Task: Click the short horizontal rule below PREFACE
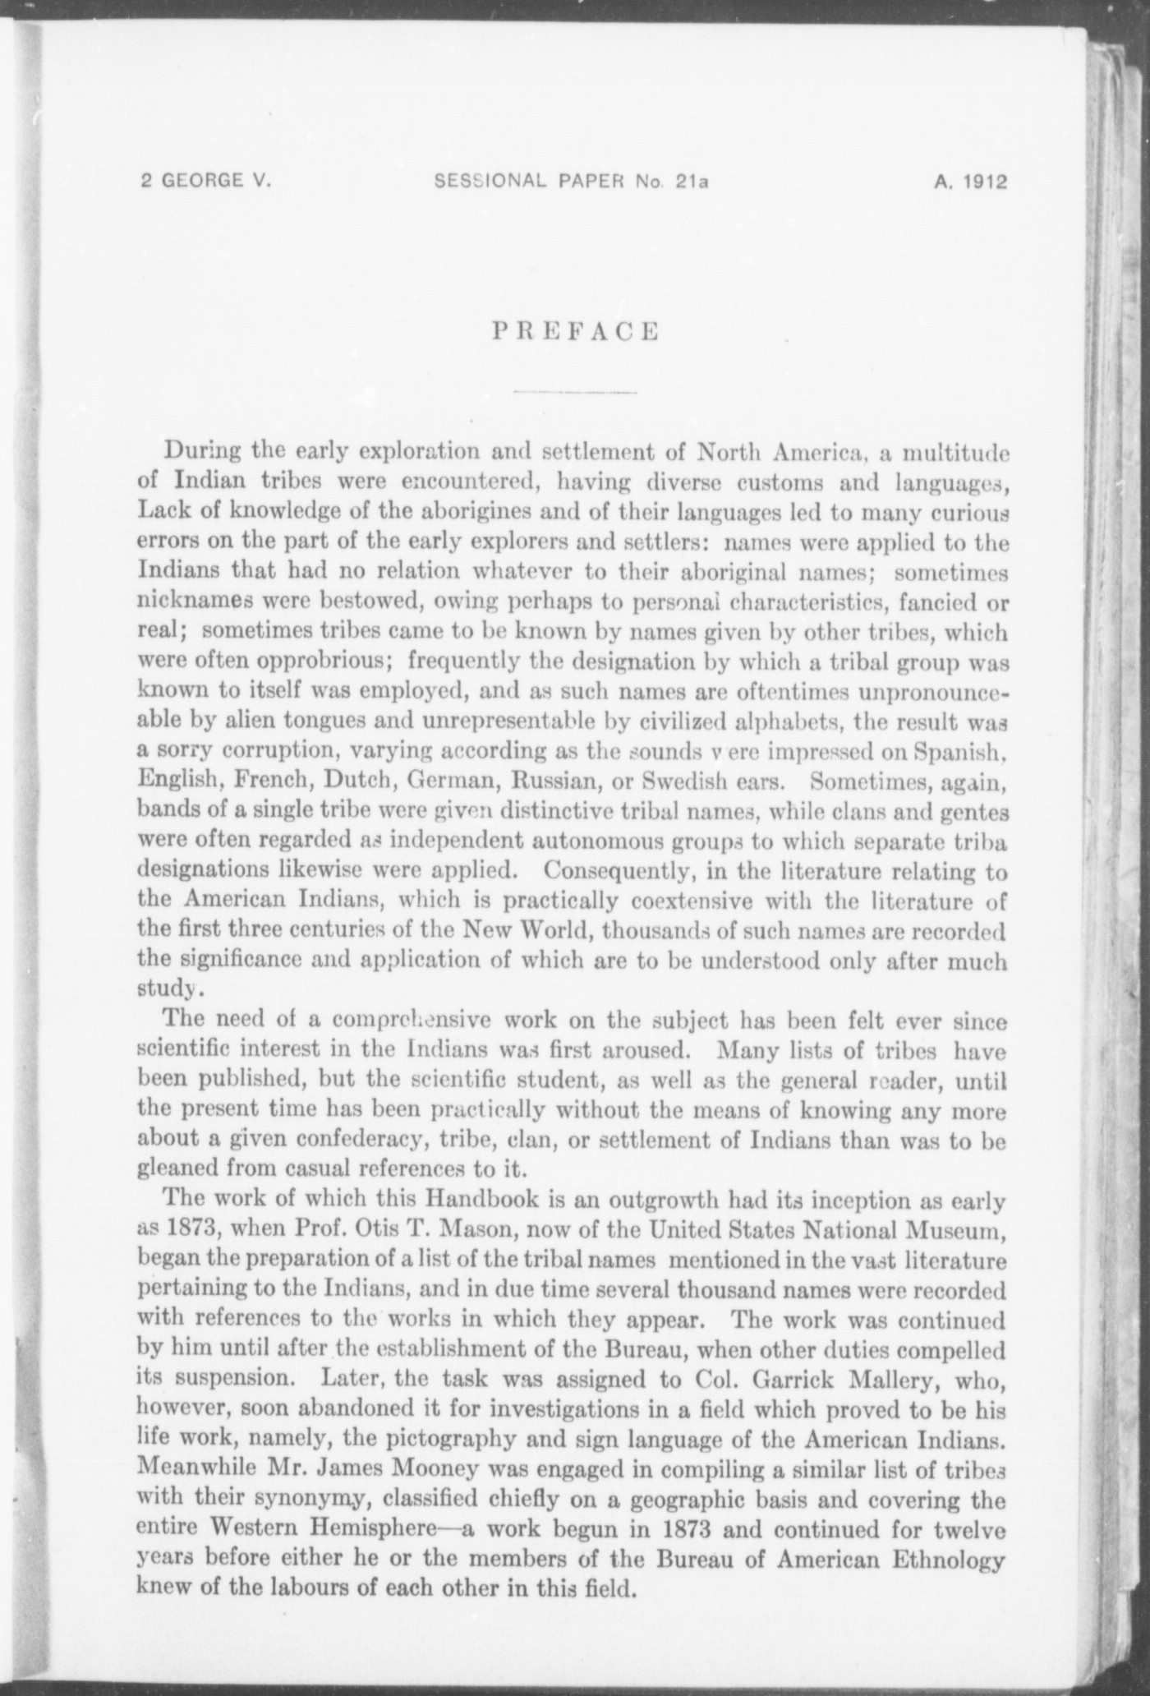[575, 391]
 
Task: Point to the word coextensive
[692, 900]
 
